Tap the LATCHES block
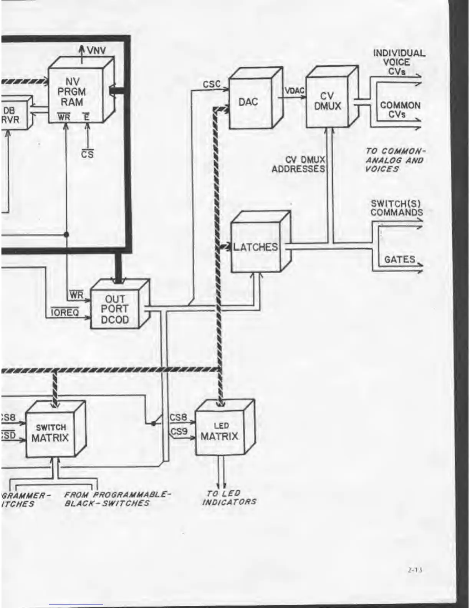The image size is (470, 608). tap(255, 247)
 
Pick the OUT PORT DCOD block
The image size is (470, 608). tap(115, 309)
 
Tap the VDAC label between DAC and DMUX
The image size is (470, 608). tap(295, 91)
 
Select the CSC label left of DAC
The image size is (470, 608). tap(212, 84)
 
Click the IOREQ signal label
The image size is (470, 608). tap(65, 312)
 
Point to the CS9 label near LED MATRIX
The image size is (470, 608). tap(179, 431)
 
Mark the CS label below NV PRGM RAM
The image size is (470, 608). tap(87, 154)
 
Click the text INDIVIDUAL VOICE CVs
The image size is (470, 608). tap(399, 62)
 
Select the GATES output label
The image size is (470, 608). tap(399, 259)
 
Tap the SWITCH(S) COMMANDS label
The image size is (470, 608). tap(396, 208)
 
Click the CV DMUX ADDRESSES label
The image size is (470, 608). tap(299, 164)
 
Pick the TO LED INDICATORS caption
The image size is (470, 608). tap(229, 497)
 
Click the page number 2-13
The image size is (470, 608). tap(415, 570)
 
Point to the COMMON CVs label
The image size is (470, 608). tap(400, 109)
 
